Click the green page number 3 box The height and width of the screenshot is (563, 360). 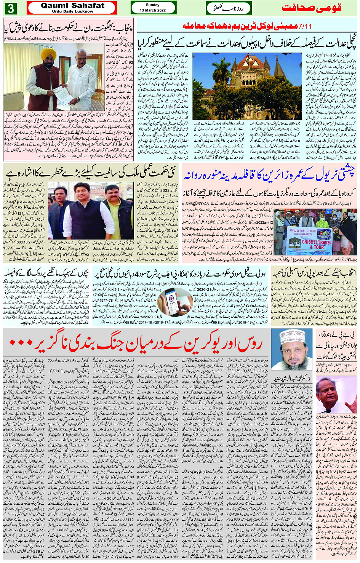click(x=11, y=8)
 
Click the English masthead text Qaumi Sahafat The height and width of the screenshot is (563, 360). click(x=72, y=5)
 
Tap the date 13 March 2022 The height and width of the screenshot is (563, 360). click(x=153, y=10)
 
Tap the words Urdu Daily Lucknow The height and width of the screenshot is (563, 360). click(x=72, y=11)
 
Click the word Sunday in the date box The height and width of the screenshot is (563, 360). click(x=153, y=5)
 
